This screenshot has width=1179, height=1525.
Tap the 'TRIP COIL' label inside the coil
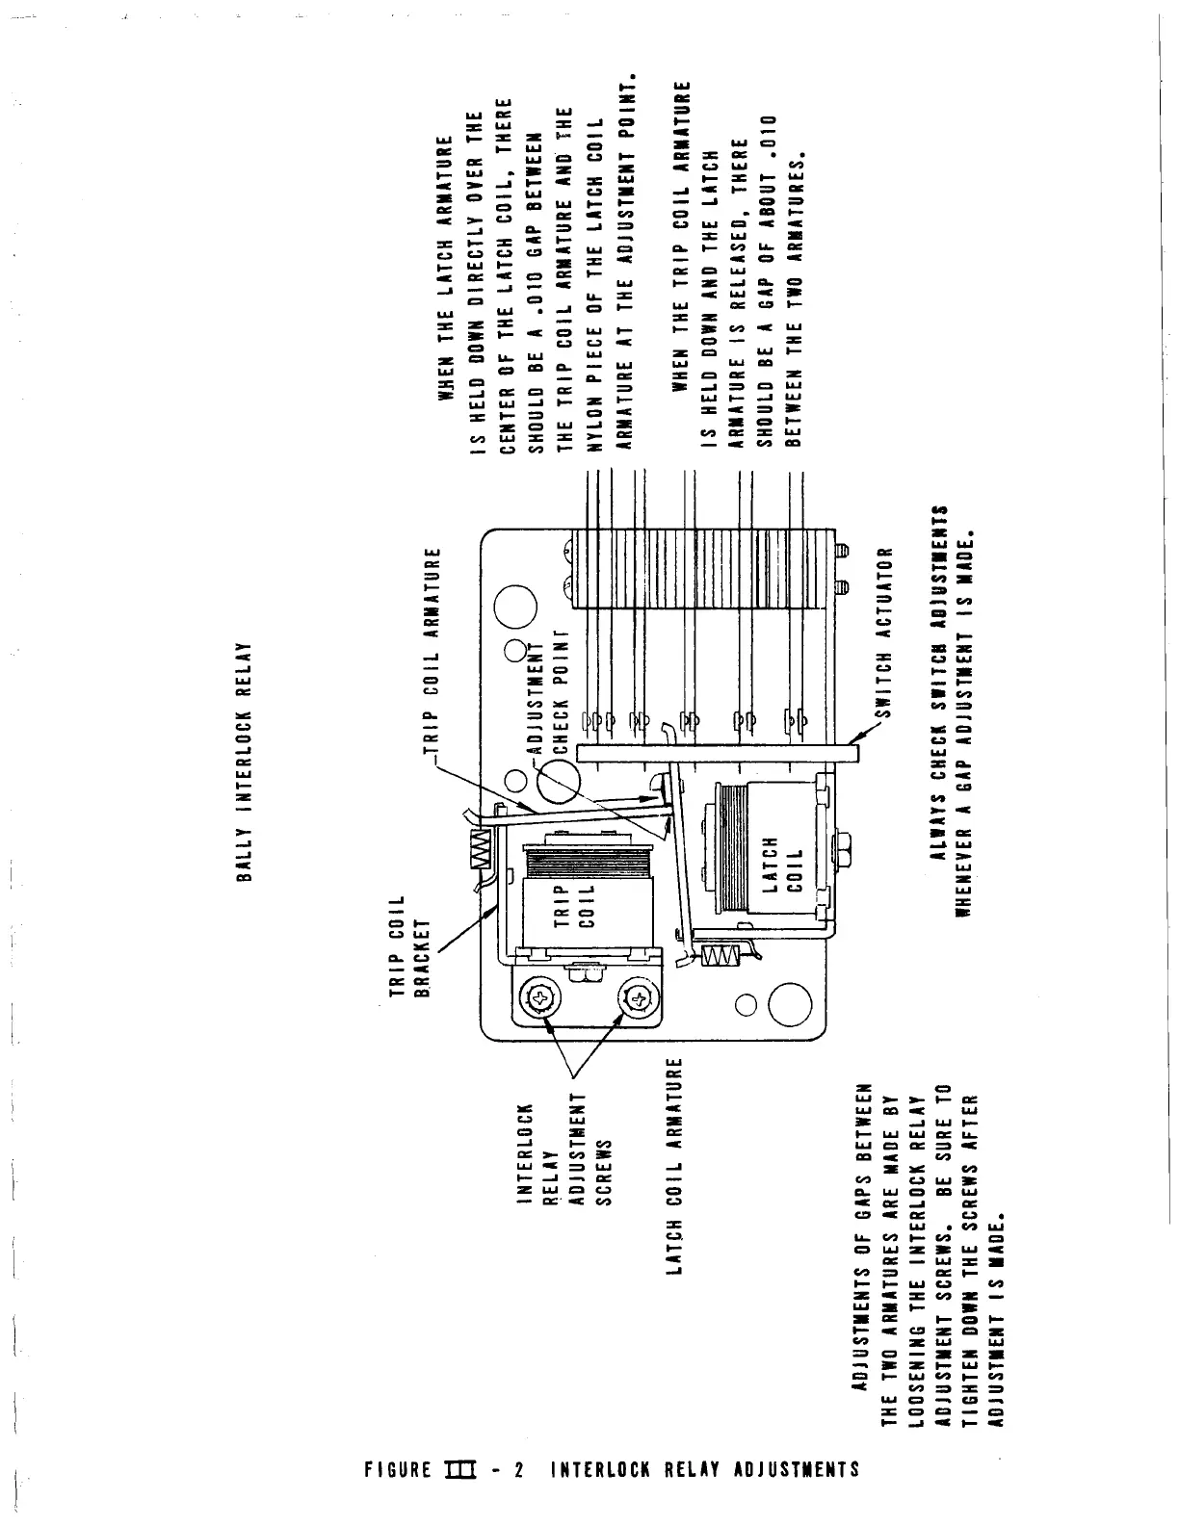coord(574,903)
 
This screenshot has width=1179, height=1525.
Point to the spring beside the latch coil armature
coord(720,954)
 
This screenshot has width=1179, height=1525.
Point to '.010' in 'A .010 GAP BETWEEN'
coord(536,302)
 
